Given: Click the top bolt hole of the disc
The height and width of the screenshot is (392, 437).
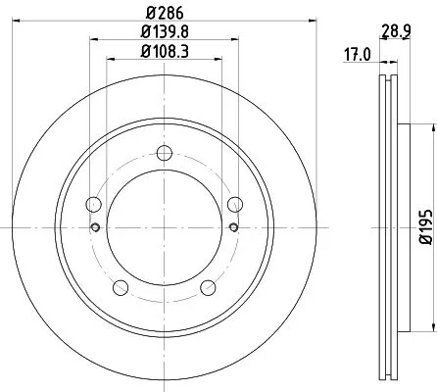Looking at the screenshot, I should tap(164, 152).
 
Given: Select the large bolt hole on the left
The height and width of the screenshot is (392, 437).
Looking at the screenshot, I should tap(94, 204).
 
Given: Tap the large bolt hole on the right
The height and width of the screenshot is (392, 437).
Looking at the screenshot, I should tap(234, 204).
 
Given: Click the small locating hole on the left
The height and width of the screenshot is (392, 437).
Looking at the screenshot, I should tap(95, 227).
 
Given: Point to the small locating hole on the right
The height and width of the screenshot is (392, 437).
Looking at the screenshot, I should tap(233, 227).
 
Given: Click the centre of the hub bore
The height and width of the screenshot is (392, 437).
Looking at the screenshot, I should tap(164, 226).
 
